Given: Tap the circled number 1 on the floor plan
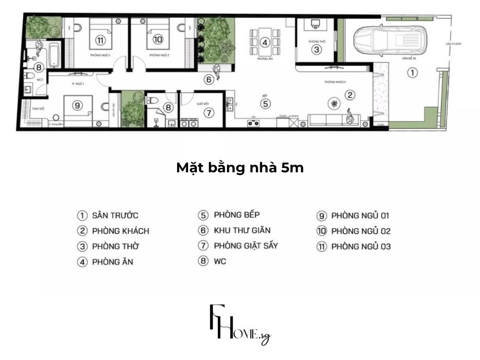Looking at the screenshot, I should point(412,73).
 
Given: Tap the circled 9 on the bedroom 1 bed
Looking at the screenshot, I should point(77,106).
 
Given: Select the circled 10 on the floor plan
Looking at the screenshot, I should point(158,39).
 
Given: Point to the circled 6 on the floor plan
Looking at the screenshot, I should point(208,80).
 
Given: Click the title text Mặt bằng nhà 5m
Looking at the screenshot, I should point(240,168).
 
